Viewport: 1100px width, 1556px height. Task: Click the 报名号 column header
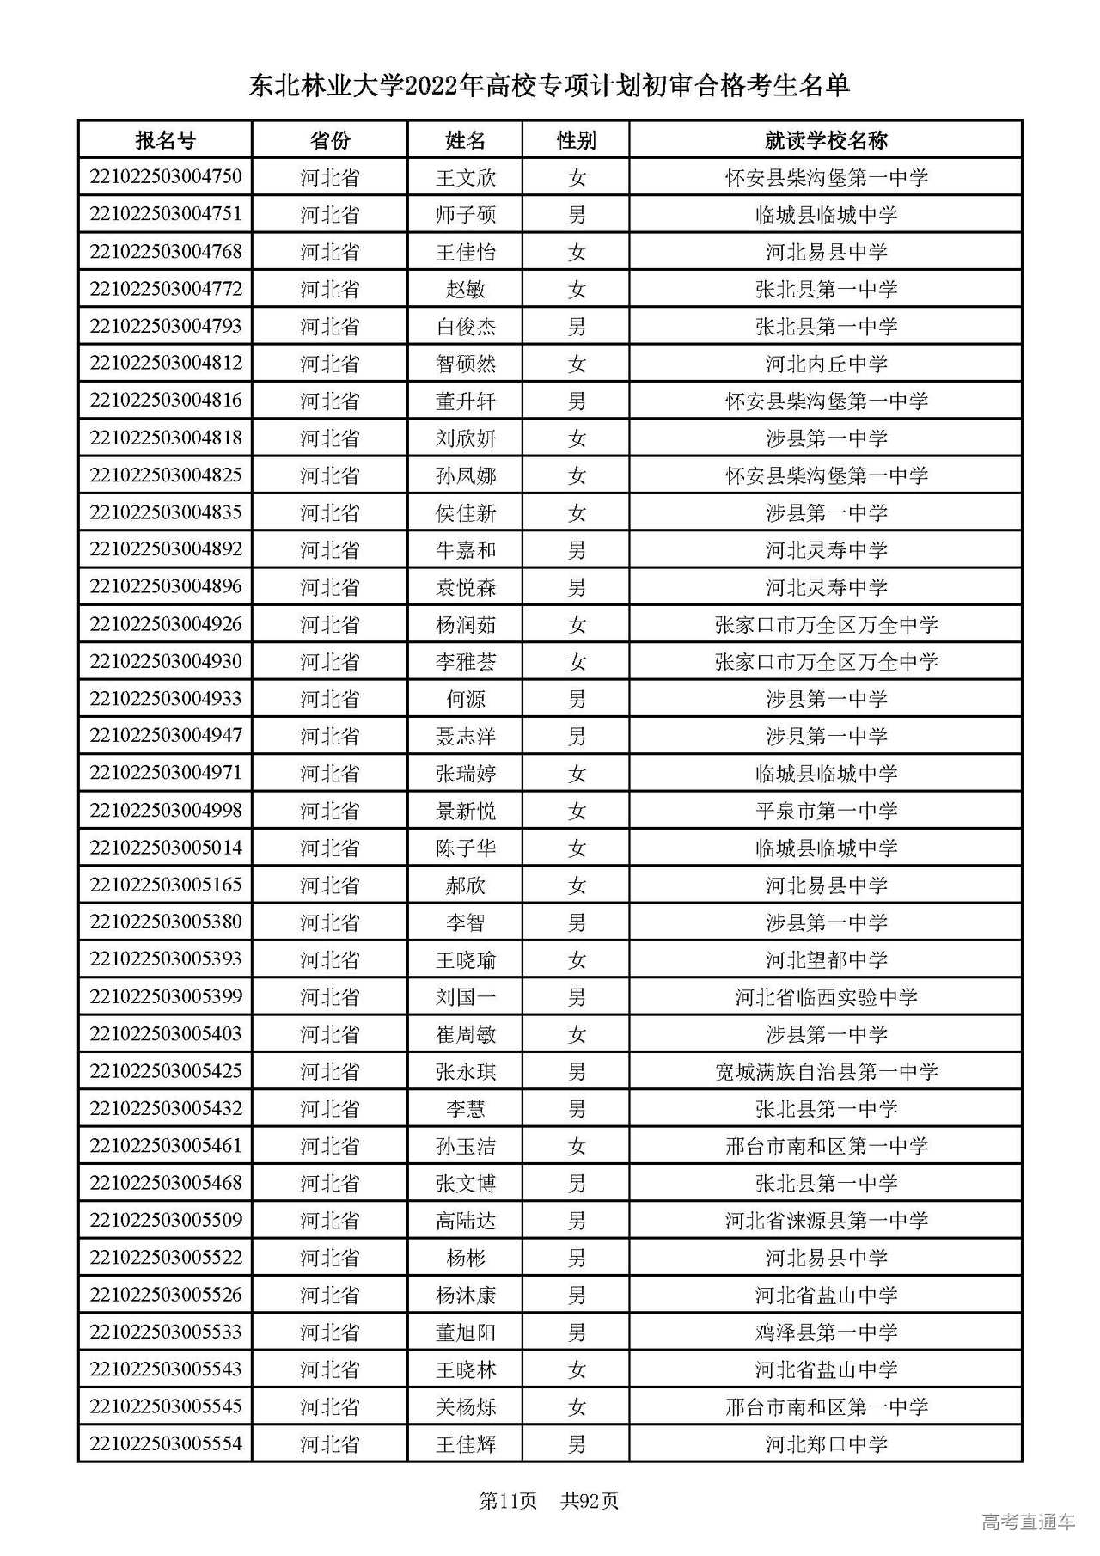pyautogui.click(x=165, y=140)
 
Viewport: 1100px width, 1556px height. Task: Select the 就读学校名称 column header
pyautogui.click(x=826, y=140)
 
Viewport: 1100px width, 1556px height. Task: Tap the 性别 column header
pyautogui.click(x=576, y=140)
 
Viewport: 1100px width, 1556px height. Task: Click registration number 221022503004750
pyautogui.click(x=165, y=177)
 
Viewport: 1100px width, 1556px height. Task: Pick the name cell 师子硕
pyautogui.click(x=465, y=215)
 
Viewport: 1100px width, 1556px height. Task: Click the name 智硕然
pyautogui.click(x=465, y=364)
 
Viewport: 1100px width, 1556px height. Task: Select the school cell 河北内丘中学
pyautogui.click(x=826, y=364)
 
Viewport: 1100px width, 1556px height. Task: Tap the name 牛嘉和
pyautogui.click(x=465, y=550)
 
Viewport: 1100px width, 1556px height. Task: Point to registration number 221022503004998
pyautogui.click(x=165, y=811)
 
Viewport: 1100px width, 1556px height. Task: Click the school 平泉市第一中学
pyautogui.click(x=826, y=811)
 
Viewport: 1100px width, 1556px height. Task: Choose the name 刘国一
pyautogui.click(x=465, y=997)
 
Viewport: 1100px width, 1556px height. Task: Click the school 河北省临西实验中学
pyautogui.click(x=826, y=997)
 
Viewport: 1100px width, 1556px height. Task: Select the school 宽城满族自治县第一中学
pyautogui.click(x=826, y=1072)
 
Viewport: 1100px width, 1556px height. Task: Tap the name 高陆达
pyautogui.click(x=465, y=1221)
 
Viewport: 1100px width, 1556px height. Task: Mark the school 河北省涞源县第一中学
pyautogui.click(x=826, y=1221)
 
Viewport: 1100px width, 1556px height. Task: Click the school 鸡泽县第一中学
pyautogui.click(x=826, y=1332)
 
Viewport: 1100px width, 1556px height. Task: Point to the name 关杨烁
pyautogui.click(x=465, y=1407)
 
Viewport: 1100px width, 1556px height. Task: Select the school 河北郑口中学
pyautogui.click(x=826, y=1444)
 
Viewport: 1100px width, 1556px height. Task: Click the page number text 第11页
pyautogui.click(x=507, y=1501)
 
